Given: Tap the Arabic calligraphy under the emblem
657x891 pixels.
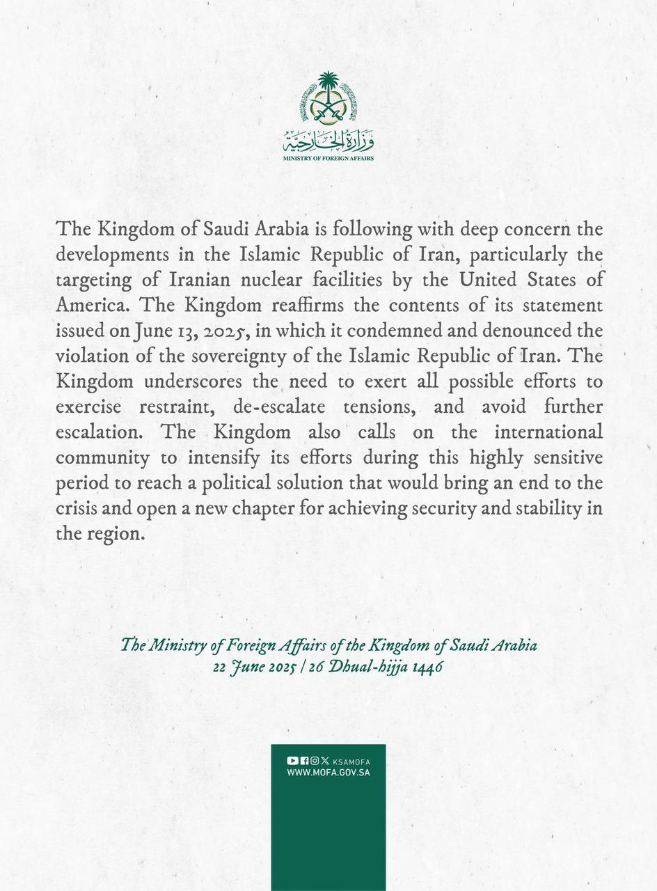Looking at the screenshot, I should pyautogui.click(x=328, y=142).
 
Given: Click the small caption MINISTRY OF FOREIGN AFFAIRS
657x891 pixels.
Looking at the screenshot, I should pyautogui.click(x=328, y=159).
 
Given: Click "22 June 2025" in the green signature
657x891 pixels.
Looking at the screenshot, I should pyautogui.click(x=262, y=664).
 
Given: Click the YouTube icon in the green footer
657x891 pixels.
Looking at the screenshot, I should pyautogui.click(x=292, y=761).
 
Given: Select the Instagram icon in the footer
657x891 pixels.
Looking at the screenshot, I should pyautogui.click(x=315, y=761).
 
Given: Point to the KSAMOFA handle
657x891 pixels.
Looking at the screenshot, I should pyautogui.click(x=351, y=762).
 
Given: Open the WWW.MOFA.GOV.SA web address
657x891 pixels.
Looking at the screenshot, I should pyautogui.click(x=328, y=773).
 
